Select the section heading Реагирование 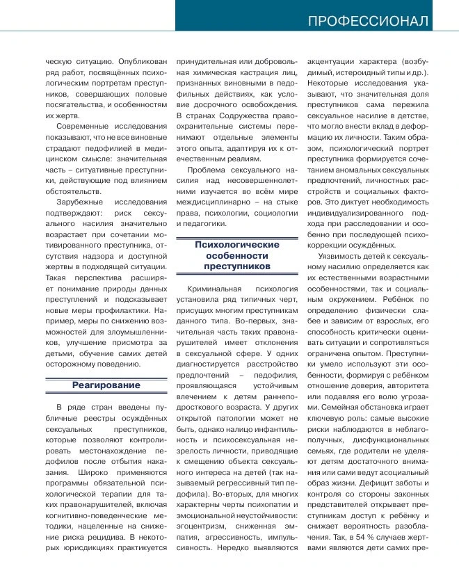[106, 385]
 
